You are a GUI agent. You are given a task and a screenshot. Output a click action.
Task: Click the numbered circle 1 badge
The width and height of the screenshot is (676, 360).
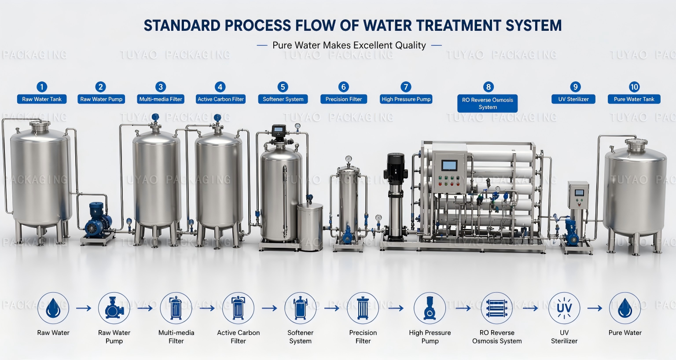point(42,87)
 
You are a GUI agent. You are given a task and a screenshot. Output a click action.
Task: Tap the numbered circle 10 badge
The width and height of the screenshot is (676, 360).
point(634,87)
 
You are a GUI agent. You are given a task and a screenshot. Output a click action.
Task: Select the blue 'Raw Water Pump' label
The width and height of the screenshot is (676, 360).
point(101,99)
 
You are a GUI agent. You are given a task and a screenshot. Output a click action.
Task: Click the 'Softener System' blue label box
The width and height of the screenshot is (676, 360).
point(283,99)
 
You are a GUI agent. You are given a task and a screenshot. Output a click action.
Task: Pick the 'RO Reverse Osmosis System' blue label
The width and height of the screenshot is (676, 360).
point(487,103)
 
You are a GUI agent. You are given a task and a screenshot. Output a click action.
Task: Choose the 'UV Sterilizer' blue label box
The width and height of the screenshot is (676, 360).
point(573,99)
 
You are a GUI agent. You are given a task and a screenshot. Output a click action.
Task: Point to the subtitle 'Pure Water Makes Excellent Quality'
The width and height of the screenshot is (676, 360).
point(349,45)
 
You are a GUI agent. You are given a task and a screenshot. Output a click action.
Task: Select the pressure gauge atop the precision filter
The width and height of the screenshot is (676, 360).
point(349,159)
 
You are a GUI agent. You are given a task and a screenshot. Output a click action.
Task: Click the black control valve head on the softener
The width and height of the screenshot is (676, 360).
point(279,131)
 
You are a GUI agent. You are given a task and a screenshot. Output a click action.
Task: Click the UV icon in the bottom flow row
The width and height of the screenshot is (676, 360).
point(564,308)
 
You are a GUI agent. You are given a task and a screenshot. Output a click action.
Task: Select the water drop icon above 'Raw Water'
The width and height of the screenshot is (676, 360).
point(53,308)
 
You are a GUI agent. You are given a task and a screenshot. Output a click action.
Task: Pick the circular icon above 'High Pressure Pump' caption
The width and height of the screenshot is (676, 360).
point(430,308)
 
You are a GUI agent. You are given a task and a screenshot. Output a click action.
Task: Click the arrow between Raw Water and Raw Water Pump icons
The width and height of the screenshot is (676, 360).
point(84,308)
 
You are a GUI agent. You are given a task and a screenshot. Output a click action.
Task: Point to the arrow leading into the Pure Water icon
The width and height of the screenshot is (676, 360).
point(595,308)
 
